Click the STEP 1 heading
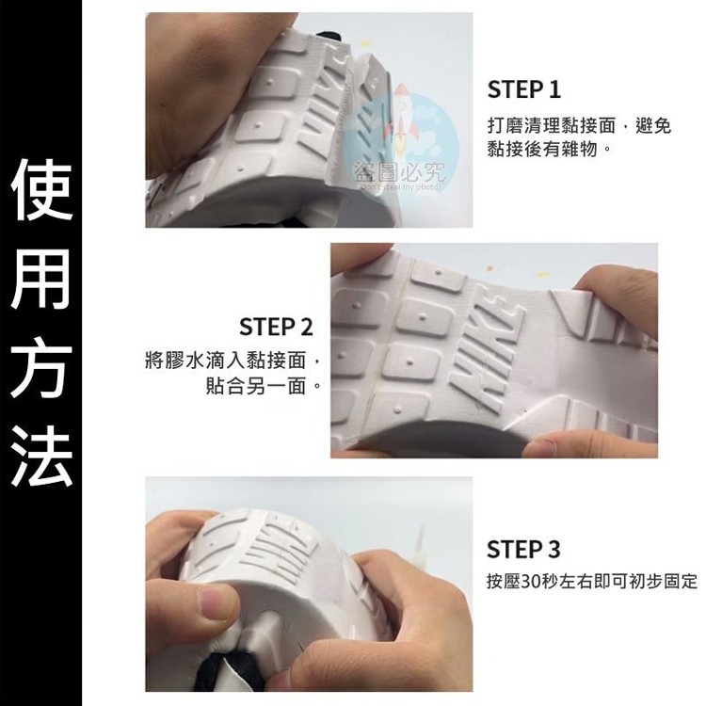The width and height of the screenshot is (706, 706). [x=523, y=89]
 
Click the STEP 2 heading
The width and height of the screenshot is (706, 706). [x=276, y=327]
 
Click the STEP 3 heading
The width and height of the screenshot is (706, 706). [x=523, y=550]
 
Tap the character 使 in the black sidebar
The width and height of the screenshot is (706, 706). [x=41, y=189]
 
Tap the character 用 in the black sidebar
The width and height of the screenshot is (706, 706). [x=41, y=280]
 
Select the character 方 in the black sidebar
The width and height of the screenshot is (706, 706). [x=41, y=370]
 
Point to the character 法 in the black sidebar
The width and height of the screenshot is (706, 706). [x=41, y=459]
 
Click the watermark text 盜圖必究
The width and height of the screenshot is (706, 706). [x=399, y=171]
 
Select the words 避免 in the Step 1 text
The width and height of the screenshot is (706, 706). [x=653, y=126]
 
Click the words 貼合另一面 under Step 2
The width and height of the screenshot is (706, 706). [x=256, y=386]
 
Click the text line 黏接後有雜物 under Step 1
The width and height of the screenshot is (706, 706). [x=542, y=149]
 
